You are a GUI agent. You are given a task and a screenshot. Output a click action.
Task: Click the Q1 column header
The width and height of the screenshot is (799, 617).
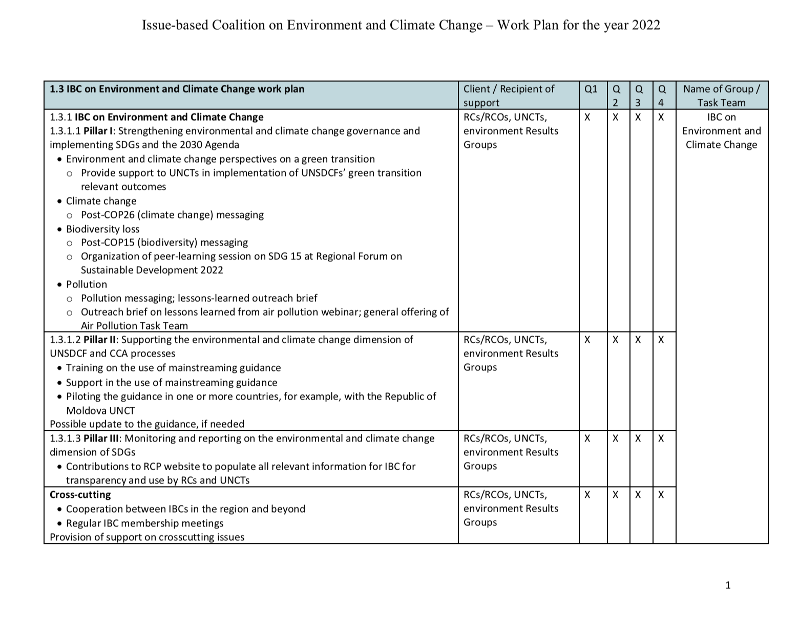tap(591, 89)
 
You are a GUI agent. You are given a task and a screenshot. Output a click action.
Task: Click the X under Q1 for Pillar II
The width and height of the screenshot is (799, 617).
tap(587, 340)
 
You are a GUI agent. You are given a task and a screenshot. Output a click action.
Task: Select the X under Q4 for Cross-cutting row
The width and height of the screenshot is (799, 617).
tap(661, 495)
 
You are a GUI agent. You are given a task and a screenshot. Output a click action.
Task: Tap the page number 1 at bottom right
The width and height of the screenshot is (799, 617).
tap(728, 585)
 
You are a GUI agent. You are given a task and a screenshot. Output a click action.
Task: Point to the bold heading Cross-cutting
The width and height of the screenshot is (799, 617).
tap(80, 495)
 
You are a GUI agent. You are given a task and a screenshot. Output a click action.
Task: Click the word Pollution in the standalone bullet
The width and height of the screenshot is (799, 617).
tap(87, 284)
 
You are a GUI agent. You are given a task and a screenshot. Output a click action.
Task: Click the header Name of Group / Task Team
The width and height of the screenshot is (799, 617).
tap(721, 96)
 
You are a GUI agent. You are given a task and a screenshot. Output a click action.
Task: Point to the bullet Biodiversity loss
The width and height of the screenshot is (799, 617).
tap(102, 229)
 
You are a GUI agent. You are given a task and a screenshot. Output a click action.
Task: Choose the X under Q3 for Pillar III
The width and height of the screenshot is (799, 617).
tap(638, 438)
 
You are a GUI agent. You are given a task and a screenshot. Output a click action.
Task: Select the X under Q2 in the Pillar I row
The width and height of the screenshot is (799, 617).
tap(616, 117)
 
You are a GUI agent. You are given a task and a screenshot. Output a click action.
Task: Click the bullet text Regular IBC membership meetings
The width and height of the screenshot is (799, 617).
tap(144, 523)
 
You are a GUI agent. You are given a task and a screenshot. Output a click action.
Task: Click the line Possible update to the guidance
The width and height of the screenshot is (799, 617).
tap(147, 424)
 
